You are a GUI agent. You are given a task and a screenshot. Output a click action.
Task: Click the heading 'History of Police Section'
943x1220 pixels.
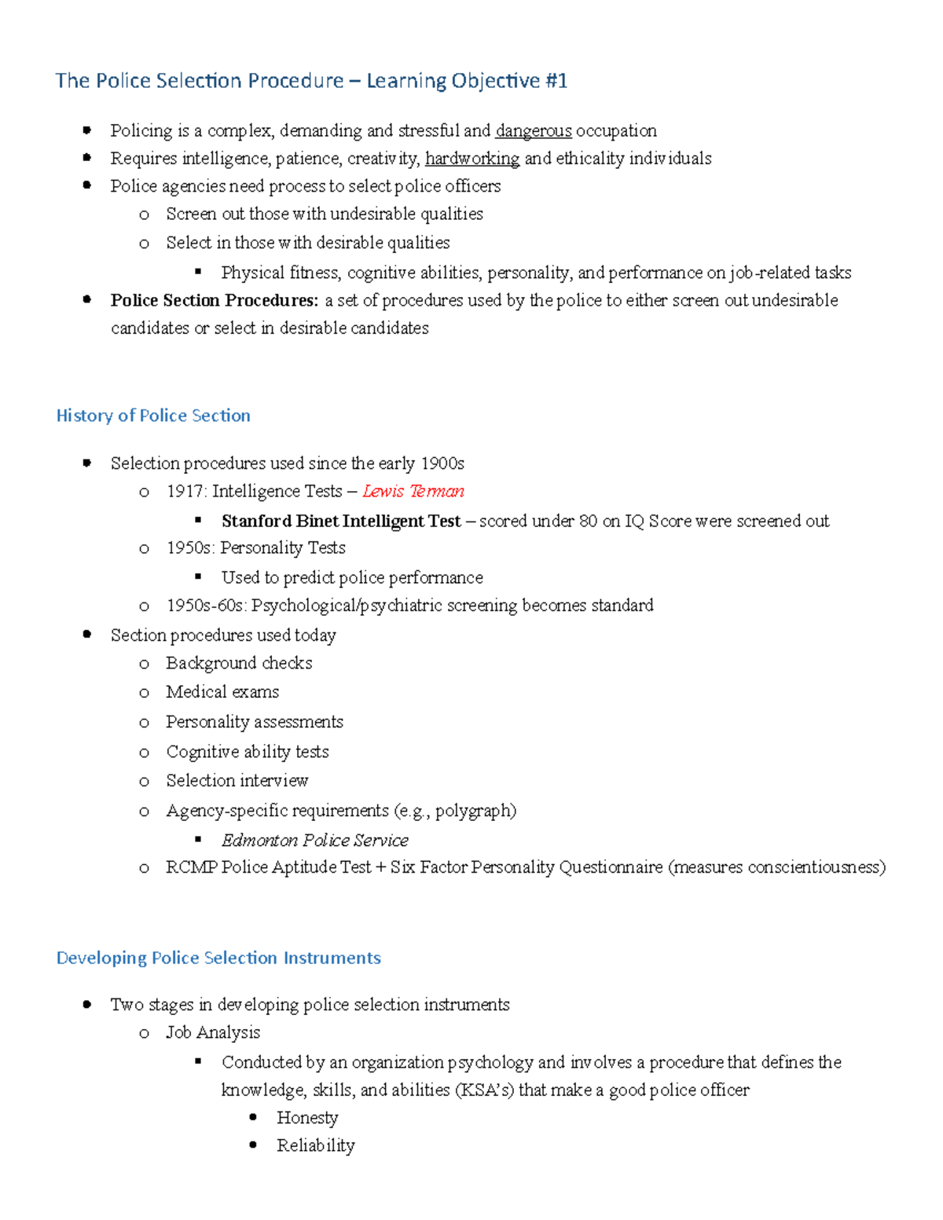point(153,416)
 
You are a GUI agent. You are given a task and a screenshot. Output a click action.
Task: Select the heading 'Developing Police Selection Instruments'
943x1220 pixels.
point(218,958)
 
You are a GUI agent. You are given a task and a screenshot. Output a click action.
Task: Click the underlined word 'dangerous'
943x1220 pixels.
point(534,130)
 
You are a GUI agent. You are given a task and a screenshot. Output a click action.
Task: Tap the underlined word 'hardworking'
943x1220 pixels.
point(472,159)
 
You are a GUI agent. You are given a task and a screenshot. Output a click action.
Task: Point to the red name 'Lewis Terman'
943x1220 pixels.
point(413,491)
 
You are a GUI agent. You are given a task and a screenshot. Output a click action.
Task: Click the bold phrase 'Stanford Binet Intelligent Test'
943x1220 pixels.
point(341,521)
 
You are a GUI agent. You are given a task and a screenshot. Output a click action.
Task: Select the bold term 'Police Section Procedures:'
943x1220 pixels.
point(215,300)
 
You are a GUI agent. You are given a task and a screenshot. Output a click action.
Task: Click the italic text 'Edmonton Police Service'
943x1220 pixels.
point(314,840)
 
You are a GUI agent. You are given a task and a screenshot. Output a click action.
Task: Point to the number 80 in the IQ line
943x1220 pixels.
point(588,521)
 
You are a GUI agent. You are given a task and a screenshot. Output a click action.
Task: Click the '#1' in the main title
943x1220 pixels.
point(555,81)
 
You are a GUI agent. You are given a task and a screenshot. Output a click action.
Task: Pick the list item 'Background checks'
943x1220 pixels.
point(239,663)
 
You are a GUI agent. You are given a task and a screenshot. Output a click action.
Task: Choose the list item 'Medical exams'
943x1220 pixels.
point(222,692)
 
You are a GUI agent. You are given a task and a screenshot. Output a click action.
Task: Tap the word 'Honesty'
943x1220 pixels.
point(307,1118)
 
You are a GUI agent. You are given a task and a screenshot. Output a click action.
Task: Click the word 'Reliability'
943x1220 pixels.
point(315,1145)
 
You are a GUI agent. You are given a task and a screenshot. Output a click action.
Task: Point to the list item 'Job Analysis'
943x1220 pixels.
point(213,1032)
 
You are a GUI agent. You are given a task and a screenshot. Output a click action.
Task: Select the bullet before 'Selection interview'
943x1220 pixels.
point(144,782)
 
